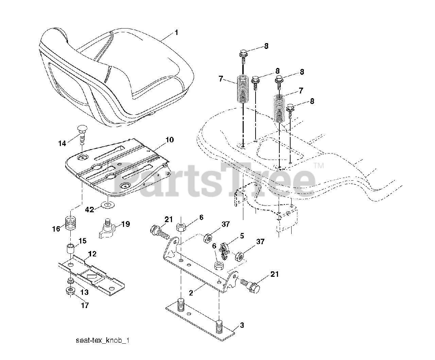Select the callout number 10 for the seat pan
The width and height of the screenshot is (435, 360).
click(170, 140)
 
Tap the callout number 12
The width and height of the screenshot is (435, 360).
click(92, 254)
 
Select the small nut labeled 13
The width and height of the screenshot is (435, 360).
click(71, 281)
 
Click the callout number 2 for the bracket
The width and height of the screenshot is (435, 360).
click(191, 293)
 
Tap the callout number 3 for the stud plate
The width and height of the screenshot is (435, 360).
click(242, 325)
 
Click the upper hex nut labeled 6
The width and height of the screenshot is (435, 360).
click(181, 227)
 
